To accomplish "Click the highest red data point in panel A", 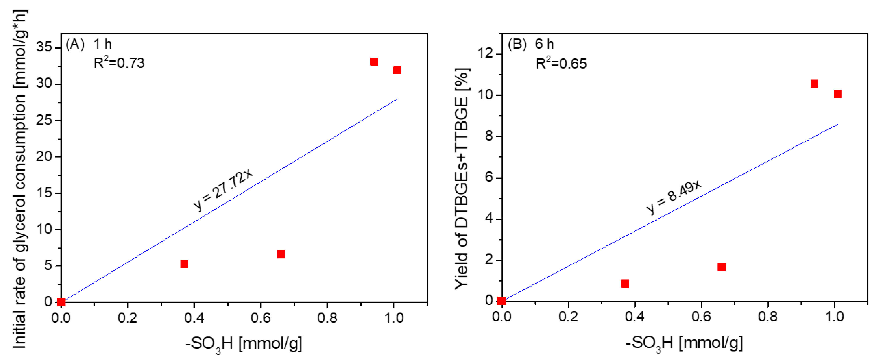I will tap(374, 62).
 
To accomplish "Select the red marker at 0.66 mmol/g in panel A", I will tap(281, 254).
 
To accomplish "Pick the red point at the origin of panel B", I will tap(501, 301).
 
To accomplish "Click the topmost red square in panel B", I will tap(814, 84).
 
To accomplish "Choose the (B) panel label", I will tap(517, 44).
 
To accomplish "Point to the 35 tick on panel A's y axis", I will tap(44, 47).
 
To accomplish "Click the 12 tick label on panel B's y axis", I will tap(485, 54).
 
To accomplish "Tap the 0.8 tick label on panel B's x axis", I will tap(768, 317).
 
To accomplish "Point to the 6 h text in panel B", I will tap(544, 44).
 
